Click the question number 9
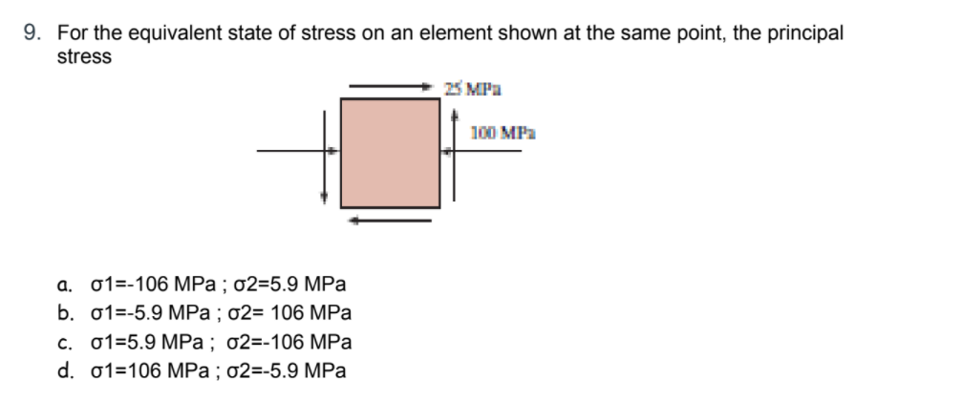(31, 33)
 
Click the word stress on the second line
(84, 56)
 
